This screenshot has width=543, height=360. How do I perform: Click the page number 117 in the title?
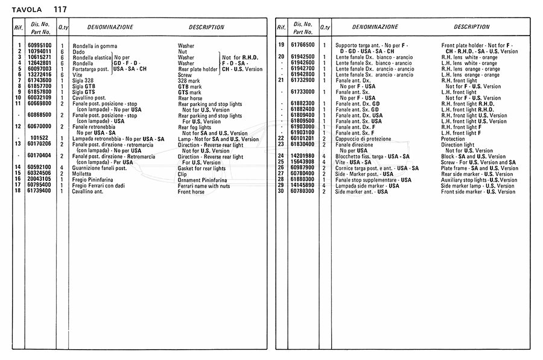tap(60, 9)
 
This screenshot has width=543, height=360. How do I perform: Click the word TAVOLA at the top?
tap(26, 9)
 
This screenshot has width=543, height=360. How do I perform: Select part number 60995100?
tap(40, 46)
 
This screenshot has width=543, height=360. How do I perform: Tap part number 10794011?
tap(40, 52)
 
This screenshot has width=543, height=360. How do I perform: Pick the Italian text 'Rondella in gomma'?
tap(95, 46)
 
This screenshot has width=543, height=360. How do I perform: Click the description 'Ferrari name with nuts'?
tap(203, 186)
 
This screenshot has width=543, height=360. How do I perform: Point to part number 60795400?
tap(40, 186)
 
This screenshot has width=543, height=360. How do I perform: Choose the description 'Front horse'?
tap(191, 192)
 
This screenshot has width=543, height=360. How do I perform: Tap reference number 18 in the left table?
tap(19, 192)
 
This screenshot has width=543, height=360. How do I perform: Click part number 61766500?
tap(302, 45)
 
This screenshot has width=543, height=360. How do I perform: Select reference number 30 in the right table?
tap(281, 192)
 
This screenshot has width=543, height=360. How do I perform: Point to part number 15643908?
tap(302, 162)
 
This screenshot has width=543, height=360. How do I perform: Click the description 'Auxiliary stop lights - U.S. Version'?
tap(479, 180)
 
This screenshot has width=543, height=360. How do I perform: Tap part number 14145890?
tap(302, 186)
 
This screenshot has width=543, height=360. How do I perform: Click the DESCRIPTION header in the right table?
tap(471, 27)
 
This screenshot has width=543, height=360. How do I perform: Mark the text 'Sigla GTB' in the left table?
tap(85, 86)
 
